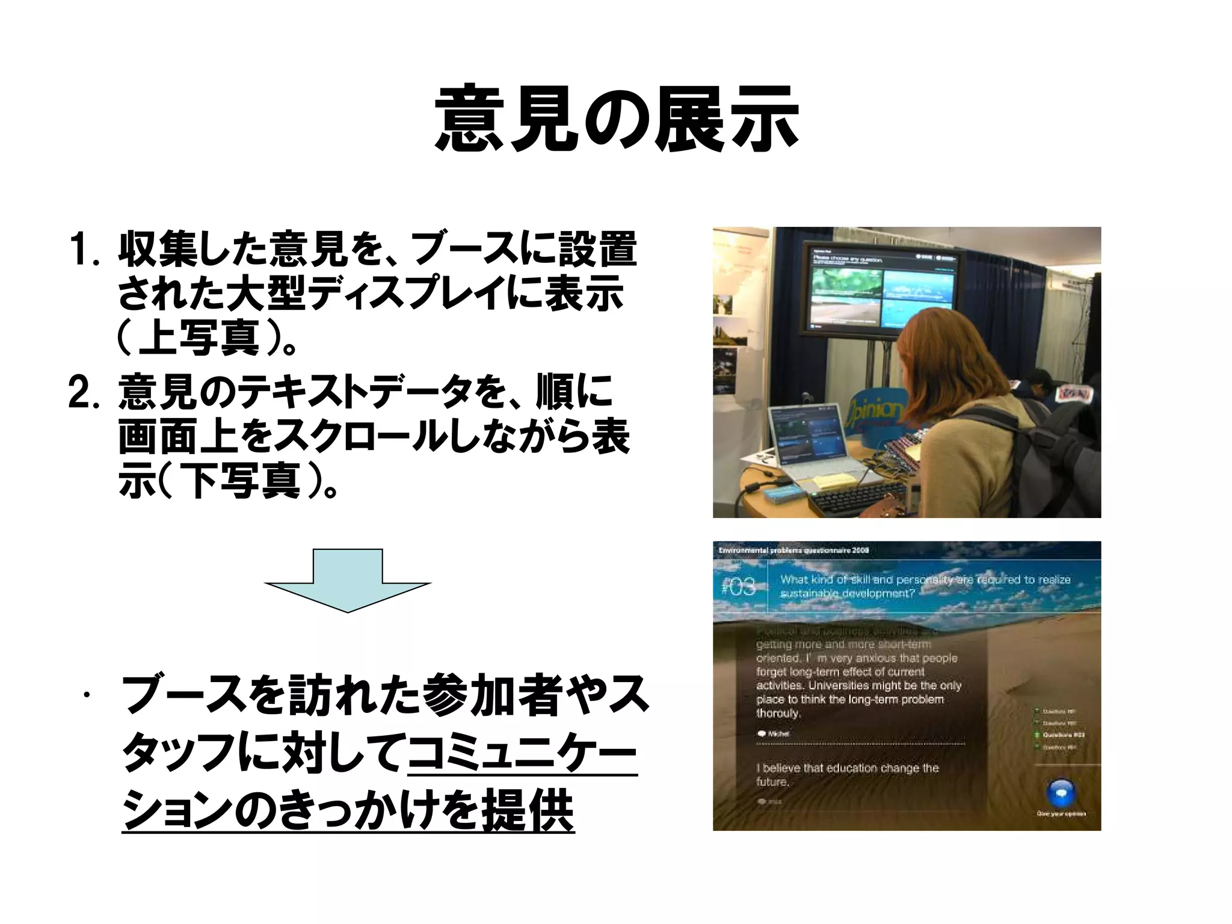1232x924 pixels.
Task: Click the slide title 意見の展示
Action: [x=616, y=119]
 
